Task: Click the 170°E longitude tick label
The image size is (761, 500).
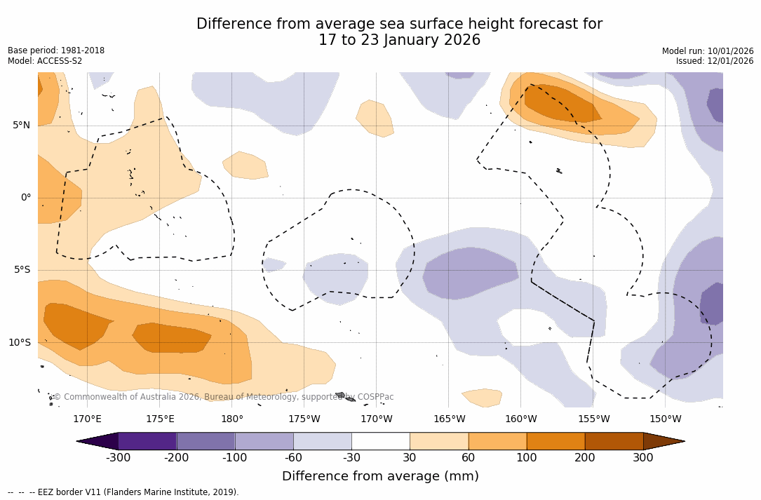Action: tap(87, 419)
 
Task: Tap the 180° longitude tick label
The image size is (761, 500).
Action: tap(232, 419)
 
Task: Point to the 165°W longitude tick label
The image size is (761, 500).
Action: tap(449, 419)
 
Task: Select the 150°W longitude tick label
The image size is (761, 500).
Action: tap(665, 419)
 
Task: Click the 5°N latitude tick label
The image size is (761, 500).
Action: tap(21, 126)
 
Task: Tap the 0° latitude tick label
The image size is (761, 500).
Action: tap(25, 198)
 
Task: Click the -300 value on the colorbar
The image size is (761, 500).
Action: tap(118, 458)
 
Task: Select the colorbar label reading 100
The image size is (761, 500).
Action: tap(526, 458)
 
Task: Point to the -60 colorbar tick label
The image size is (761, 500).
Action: tap(293, 458)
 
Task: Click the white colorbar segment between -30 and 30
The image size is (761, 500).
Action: tap(380, 441)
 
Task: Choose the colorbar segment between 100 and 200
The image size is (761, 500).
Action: tap(555, 441)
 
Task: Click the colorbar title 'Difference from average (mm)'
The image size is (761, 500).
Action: tap(380, 477)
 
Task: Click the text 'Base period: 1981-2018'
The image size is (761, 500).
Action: tap(56, 51)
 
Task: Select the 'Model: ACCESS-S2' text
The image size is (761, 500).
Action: tap(45, 61)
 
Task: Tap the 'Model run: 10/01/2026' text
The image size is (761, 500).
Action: tap(708, 51)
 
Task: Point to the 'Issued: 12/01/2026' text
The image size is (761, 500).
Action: tap(715, 61)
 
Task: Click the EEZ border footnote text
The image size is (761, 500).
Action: tap(123, 492)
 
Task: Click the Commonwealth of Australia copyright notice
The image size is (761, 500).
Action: tap(224, 397)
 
